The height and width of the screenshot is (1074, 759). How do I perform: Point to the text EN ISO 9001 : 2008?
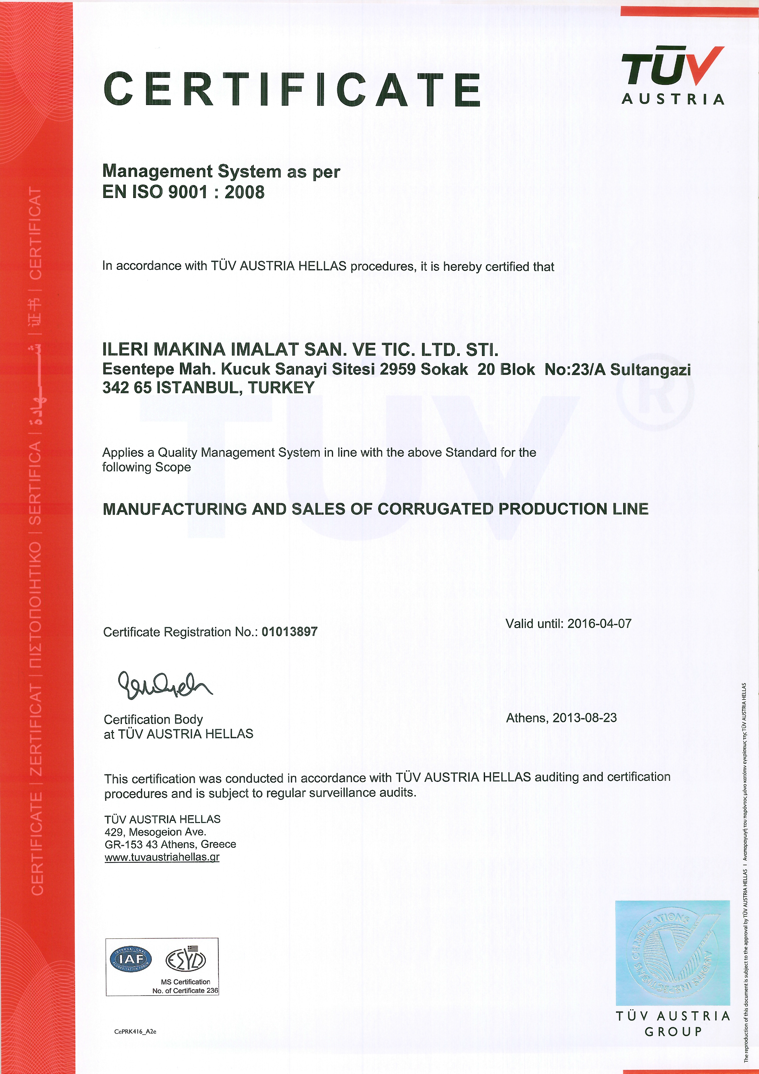point(183,192)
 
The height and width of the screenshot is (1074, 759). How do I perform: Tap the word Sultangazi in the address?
point(650,370)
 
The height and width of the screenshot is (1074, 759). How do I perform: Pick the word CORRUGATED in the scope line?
point(435,509)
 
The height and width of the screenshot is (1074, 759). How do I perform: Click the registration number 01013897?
point(289,632)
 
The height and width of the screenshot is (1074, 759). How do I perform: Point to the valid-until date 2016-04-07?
point(599,623)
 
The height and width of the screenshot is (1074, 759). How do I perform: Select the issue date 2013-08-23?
point(585,717)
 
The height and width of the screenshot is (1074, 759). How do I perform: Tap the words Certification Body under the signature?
point(153,719)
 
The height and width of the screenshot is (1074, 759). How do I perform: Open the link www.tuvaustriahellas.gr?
point(162,857)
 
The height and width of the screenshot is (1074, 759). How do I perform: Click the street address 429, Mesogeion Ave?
point(155,832)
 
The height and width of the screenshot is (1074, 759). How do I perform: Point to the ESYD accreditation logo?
point(186,959)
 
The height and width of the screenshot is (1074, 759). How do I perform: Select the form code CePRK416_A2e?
point(135,1031)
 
